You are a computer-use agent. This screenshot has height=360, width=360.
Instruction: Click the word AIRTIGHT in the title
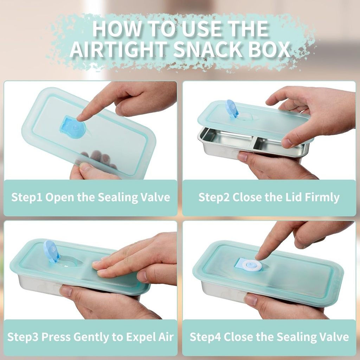(x=119, y=49)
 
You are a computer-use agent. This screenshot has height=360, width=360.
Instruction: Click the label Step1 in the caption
(x=27, y=197)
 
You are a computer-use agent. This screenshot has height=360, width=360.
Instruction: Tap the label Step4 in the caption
(x=205, y=337)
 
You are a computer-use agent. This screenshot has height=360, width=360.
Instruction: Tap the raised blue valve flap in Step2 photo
(x=232, y=108)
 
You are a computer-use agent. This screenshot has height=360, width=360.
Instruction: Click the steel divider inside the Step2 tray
(x=253, y=142)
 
